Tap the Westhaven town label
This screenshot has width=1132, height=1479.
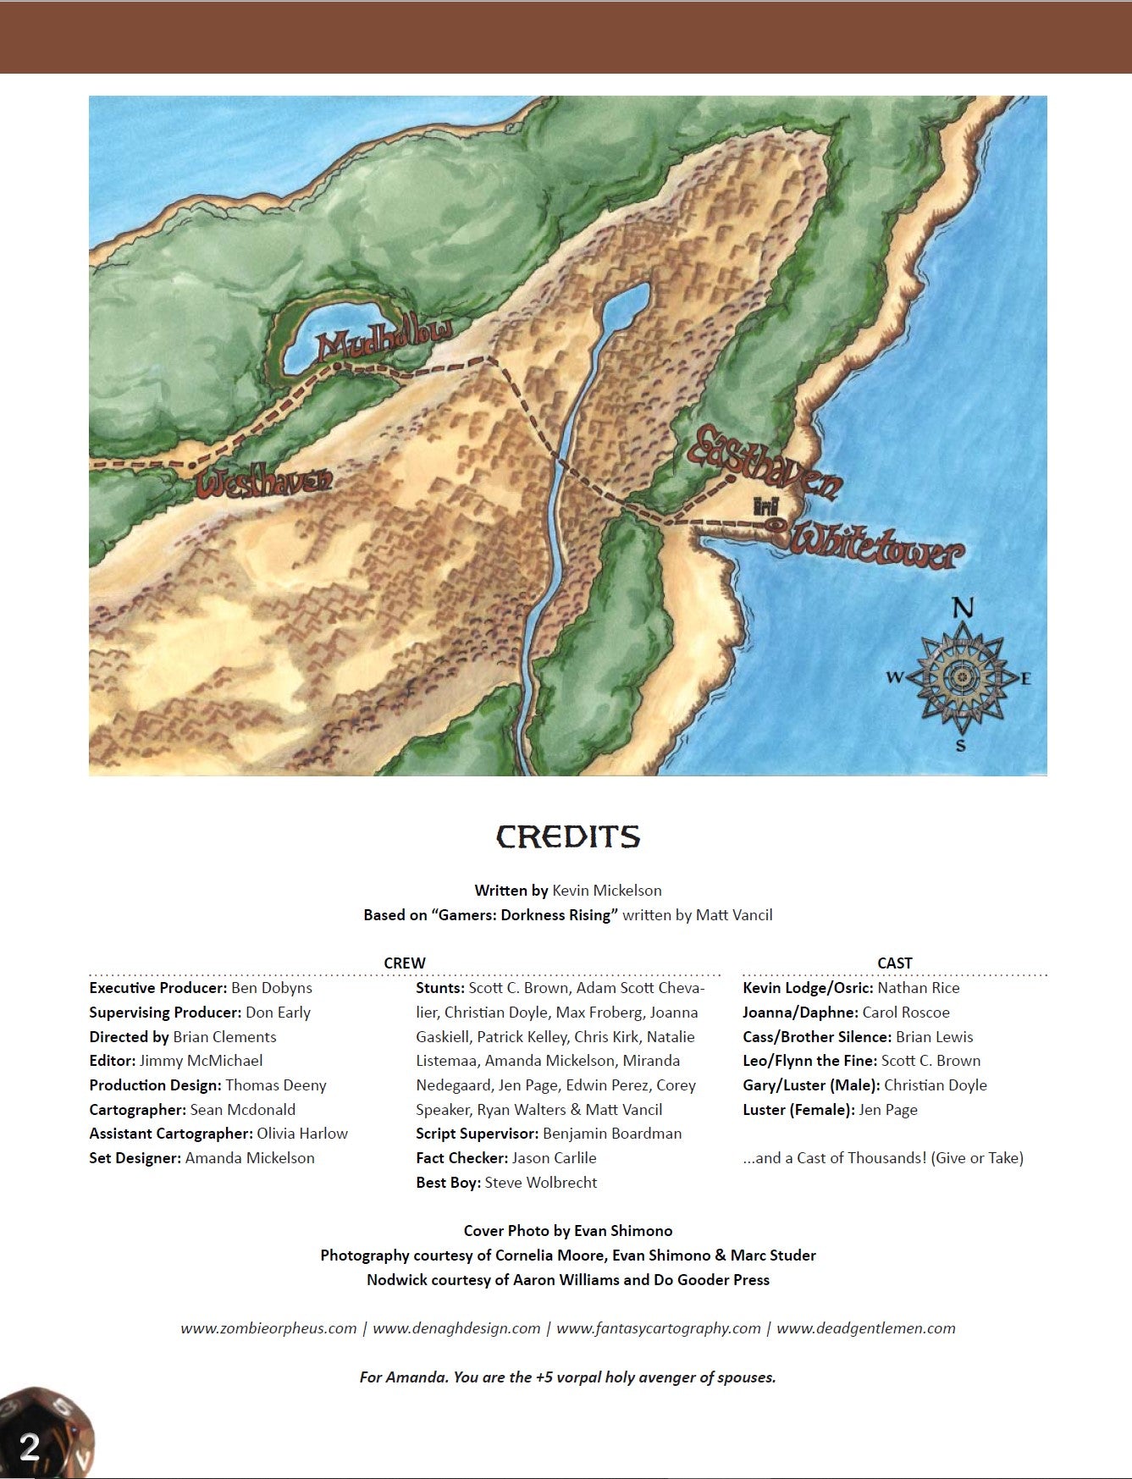[263, 482]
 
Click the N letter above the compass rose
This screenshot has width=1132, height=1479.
[963, 608]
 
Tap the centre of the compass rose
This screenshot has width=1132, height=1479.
[961, 676]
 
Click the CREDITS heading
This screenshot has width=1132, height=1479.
[567, 836]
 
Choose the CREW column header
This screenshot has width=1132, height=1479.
[405, 963]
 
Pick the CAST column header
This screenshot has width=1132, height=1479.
[894, 963]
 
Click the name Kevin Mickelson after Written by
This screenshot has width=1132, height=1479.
[606, 890]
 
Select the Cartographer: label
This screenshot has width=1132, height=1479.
[137, 1109]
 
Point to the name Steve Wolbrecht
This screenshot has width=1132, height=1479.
[540, 1182]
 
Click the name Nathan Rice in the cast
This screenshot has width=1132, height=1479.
[918, 987]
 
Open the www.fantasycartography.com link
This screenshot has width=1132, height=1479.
[658, 1327]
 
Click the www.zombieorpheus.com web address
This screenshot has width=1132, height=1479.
[268, 1327]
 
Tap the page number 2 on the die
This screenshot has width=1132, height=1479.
[30, 1446]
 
